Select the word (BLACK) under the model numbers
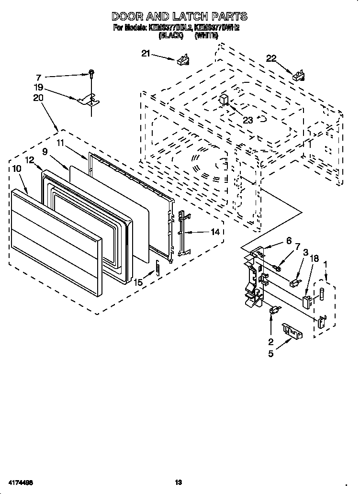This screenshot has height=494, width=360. pyautogui.click(x=171, y=35)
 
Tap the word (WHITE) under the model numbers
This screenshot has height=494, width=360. pyautogui.click(x=207, y=35)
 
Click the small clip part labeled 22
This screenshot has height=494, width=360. pyautogui.click(x=299, y=75)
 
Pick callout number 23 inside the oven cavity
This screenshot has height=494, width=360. pyautogui.click(x=247, y=120)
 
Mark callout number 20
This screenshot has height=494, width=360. pyautogui.click(x=38, y=97)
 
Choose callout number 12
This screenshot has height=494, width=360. pyautogui.click(x=30, y=160)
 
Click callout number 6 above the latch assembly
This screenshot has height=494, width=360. pyautogui.click(x=289, y=241)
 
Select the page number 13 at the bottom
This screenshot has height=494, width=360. pyautogui.click(x=179, y=482)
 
